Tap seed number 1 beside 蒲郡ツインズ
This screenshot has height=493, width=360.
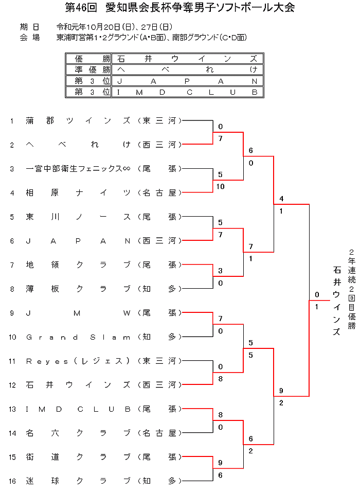12,121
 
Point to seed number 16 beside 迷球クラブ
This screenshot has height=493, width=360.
12,481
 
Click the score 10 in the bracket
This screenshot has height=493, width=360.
221,186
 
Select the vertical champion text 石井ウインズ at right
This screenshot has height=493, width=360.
337,301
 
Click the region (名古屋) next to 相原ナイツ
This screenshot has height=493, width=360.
160,192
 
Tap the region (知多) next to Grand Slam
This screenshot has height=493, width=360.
160,337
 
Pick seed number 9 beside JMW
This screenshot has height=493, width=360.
12,313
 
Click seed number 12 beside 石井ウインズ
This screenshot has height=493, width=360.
12,385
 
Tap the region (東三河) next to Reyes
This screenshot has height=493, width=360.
160,361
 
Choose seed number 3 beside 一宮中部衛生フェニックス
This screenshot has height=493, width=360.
12,169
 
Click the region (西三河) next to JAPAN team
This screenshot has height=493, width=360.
160,241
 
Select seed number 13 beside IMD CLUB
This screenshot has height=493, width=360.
12,409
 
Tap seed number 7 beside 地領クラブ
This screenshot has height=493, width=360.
12,265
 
